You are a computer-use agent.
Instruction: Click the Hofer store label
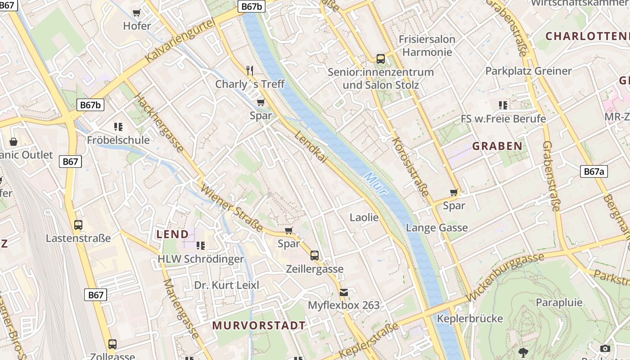[x=137, y=26]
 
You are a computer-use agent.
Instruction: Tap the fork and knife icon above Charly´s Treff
[x=250, y=70]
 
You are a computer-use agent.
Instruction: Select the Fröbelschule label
[x=118, y=140]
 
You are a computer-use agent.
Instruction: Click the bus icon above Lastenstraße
[x=78, y=225]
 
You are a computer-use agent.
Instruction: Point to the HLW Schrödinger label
[x=200, y=259]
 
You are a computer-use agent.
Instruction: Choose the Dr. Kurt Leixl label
[x=227, y=285]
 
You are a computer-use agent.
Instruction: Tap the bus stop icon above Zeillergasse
[x=315, y=256]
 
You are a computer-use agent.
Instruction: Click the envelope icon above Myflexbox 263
[x=344, y=292]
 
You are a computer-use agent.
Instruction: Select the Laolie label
[x=364, y=217]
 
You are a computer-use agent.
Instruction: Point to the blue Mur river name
[x=376, y=183]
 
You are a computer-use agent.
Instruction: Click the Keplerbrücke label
[x=470, y=319]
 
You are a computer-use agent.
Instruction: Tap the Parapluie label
[x=559, y=302]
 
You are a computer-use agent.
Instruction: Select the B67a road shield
[x=594, y=171]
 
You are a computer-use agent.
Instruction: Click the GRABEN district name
[x=497, y=146]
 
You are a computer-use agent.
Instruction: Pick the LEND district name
[x=172, y=234]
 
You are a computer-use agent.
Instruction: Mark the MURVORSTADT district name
[x=259, y=325]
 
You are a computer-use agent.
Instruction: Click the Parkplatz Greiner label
[x=528, y=71]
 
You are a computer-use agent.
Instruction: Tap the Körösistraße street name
[x=410, y=166]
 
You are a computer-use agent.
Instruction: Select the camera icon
[x=605, y=348]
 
